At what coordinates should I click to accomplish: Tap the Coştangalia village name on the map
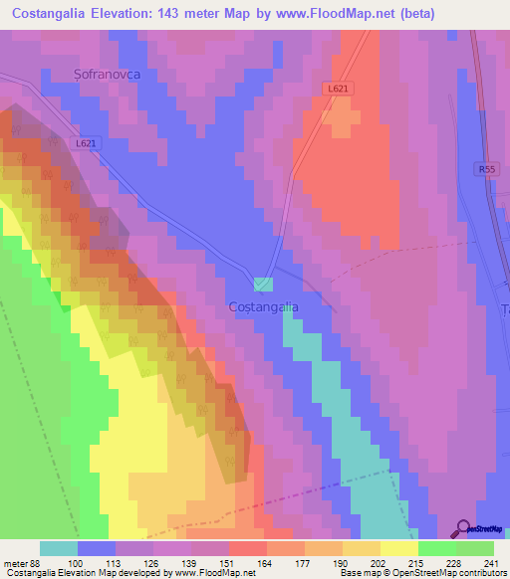pos(263,307)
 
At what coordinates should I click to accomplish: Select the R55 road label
pos(486,170)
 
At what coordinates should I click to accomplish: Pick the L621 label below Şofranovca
pos(87,143)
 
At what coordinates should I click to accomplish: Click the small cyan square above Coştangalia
pos(263,285)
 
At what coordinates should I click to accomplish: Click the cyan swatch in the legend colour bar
pos(58,548)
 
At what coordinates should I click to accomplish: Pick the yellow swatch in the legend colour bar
pos(398,548)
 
